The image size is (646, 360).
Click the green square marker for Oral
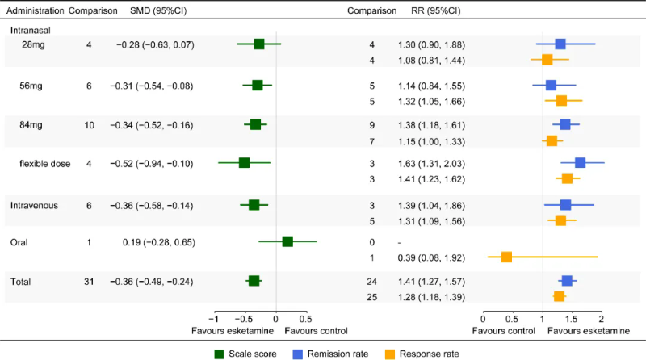click(287, 241)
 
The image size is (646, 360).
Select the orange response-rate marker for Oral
click(506, 257)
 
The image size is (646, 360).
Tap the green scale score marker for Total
click(254, 281)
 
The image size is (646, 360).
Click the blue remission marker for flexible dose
click(580, 163)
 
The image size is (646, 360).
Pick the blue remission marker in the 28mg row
click(560, 44)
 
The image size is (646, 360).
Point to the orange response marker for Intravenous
click(560, 220)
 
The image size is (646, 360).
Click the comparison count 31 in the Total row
click(89, 281)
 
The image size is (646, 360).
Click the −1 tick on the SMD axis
click(215, 318)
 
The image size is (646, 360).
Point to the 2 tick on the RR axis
click(601, 318)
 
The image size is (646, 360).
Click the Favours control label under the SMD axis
click(316, 331)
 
